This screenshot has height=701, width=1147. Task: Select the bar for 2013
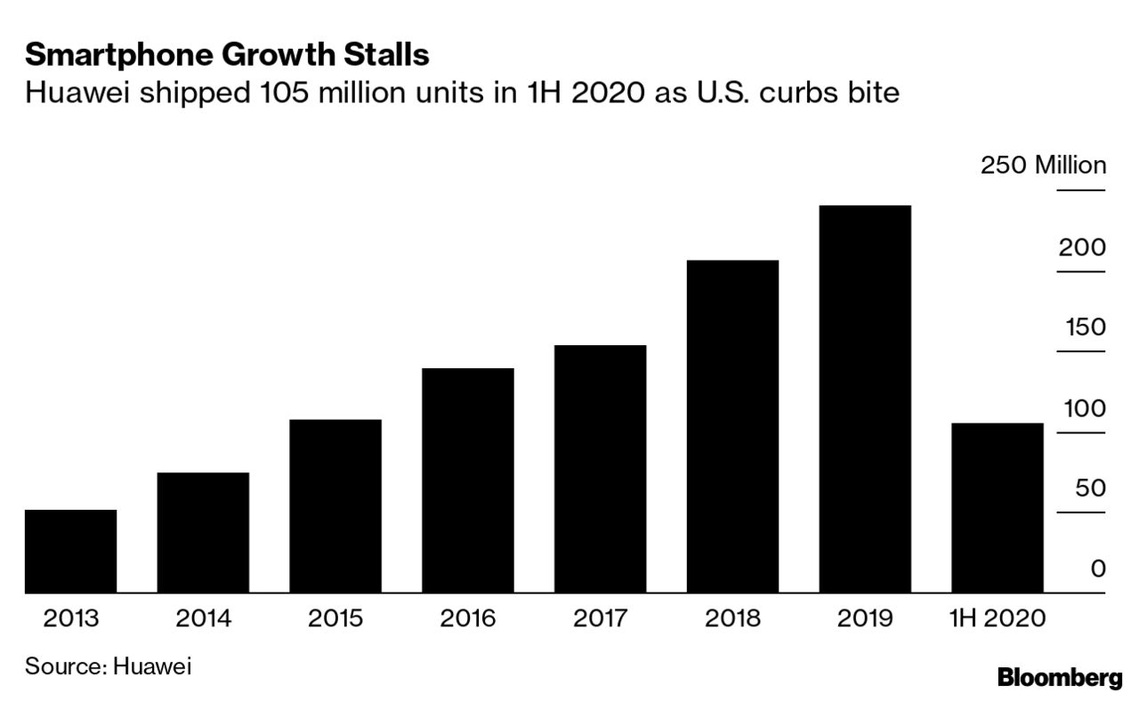(70, 551)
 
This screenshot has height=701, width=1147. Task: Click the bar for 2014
(203, 532)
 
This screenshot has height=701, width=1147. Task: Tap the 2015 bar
(335, 505)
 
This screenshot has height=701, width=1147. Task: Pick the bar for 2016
(468, 479)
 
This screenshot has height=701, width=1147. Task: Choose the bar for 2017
(600, 468)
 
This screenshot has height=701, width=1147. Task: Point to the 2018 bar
(732, 426)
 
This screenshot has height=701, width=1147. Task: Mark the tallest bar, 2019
(865, 399)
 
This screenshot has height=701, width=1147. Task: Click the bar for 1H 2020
(998, 507)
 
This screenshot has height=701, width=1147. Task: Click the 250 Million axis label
(1043, 165)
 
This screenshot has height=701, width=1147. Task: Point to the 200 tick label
(1081, 246)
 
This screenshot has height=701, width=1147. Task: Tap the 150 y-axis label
(1086, 327)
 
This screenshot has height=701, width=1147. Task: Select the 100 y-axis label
(1085, 408)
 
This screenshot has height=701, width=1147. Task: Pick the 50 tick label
(1090, 487)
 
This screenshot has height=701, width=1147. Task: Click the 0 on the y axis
(1098, 568)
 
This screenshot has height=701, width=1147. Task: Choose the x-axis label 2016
(468, 617)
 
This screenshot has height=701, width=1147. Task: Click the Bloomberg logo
(1059, 678)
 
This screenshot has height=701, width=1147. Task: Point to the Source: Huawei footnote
(108, 665)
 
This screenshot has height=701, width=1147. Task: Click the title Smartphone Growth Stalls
(227, 55)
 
